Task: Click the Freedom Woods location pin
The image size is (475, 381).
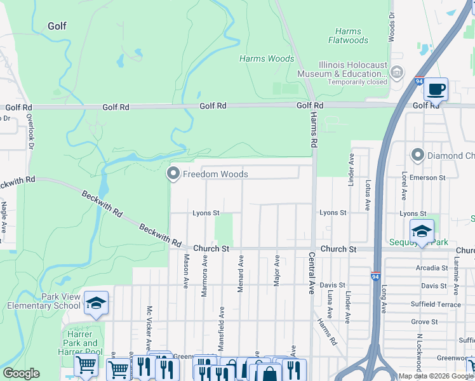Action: (173, 173)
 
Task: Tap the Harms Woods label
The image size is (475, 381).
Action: (267, 59)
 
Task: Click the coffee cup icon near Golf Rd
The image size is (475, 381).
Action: (436, 90)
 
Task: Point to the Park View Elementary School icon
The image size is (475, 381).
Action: (96, 304)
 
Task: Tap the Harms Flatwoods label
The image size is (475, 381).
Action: (348, 36)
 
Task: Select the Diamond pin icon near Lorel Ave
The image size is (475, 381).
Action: (418, 155)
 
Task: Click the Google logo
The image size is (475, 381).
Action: (21, 373)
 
